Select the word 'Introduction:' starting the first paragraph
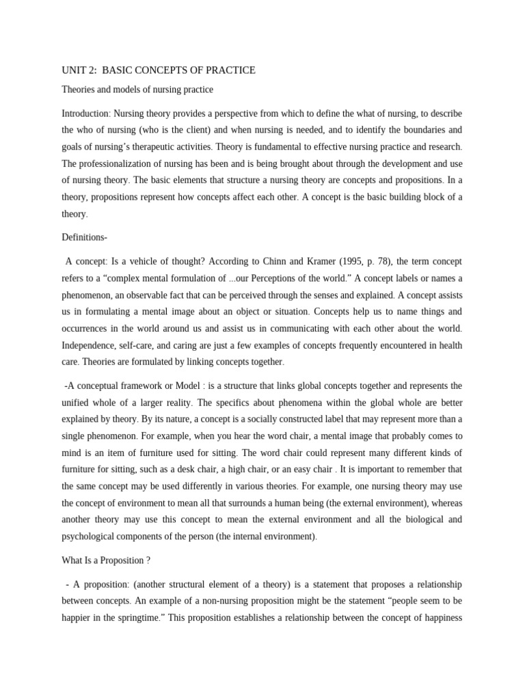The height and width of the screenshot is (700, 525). tap(86, 113)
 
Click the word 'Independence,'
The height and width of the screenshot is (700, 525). tap(92, 345)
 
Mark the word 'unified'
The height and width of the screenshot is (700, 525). tap(77, 403)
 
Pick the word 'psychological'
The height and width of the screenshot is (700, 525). tap(90, 537)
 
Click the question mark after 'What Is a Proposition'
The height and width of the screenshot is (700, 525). tap(148, 561)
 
